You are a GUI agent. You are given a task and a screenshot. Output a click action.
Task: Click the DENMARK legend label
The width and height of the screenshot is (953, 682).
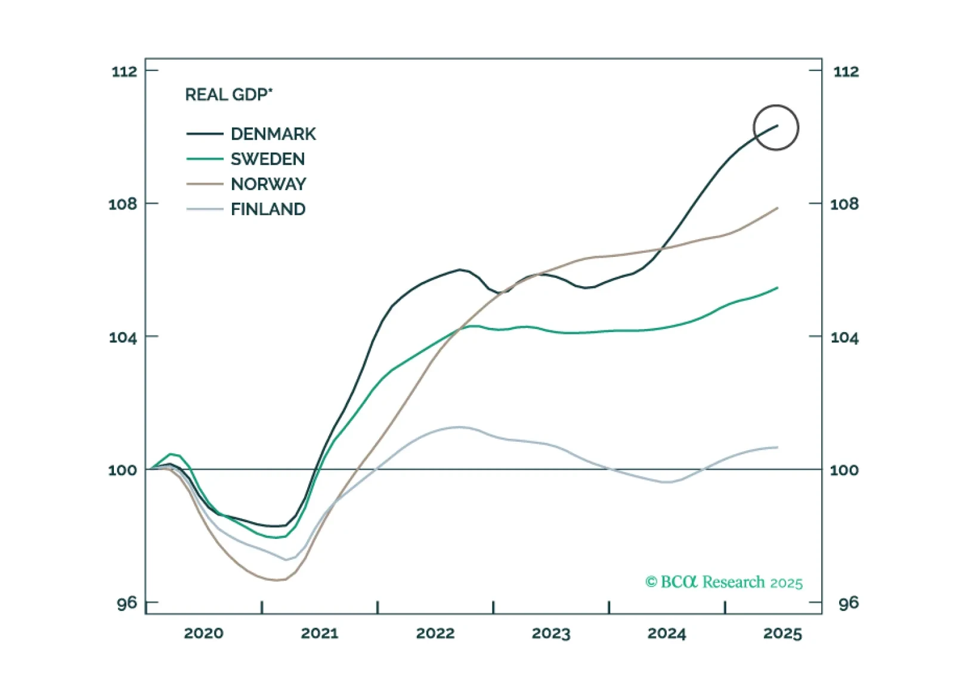(x=273, y=134)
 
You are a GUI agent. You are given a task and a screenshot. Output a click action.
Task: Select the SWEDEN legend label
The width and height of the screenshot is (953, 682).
(x=268, y=159)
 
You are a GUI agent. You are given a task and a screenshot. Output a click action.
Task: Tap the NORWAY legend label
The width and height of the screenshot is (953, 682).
(x=268, y=184)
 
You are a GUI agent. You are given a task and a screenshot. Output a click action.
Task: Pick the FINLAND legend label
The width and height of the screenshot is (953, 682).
(x=268, y=209)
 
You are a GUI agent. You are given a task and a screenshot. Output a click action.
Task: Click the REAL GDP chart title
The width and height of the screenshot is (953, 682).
(x=228, y=95)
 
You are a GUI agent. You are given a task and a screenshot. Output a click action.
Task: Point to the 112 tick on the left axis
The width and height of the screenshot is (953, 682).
(x=124, y=72)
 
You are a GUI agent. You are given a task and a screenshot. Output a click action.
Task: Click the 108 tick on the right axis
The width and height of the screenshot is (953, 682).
(x=844, y=204)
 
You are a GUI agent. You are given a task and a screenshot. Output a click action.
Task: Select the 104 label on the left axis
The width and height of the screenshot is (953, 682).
(x=123, y=337)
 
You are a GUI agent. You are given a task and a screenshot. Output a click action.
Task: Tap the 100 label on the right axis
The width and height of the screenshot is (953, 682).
(x=844, y=470)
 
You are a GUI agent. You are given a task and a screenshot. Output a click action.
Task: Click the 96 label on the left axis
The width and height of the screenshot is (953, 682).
(x=126, y=603)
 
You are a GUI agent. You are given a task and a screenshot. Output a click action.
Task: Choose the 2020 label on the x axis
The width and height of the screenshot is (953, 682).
(x=203, y=633)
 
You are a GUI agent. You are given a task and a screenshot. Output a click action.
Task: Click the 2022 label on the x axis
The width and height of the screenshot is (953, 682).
(x=435, y=633)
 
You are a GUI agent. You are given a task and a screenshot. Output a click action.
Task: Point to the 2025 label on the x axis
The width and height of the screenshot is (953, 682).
(x=782, y=633)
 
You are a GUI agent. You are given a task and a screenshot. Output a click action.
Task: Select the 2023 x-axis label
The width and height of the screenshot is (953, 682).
(x=551, y=633)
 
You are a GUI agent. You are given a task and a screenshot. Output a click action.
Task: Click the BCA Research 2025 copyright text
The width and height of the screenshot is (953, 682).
(x=724, y=582)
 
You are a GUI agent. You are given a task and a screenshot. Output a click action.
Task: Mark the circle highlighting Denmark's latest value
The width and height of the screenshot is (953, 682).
(x=776, y=128)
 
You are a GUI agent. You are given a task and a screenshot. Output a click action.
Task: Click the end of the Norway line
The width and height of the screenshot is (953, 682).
(x=778, y=208)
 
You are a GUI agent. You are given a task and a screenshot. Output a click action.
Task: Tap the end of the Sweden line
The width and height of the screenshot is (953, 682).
(x=778, y=288)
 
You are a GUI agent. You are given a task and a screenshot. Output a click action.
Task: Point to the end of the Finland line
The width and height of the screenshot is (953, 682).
(x=778, y=447)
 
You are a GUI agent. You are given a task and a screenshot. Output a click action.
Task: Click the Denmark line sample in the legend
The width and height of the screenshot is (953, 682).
(x=205, y=134)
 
